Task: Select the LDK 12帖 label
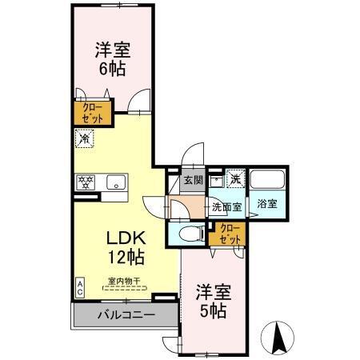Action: [x=126, y=247]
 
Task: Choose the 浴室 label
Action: [x=266, y=203]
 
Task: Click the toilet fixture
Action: [x=189, y=234]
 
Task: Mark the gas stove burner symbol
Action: [x=85, y=181]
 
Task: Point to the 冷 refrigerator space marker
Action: [x=84, y=139]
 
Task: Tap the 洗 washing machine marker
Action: [x=235, y=179]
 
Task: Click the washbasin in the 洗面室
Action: [x=215, y=181]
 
